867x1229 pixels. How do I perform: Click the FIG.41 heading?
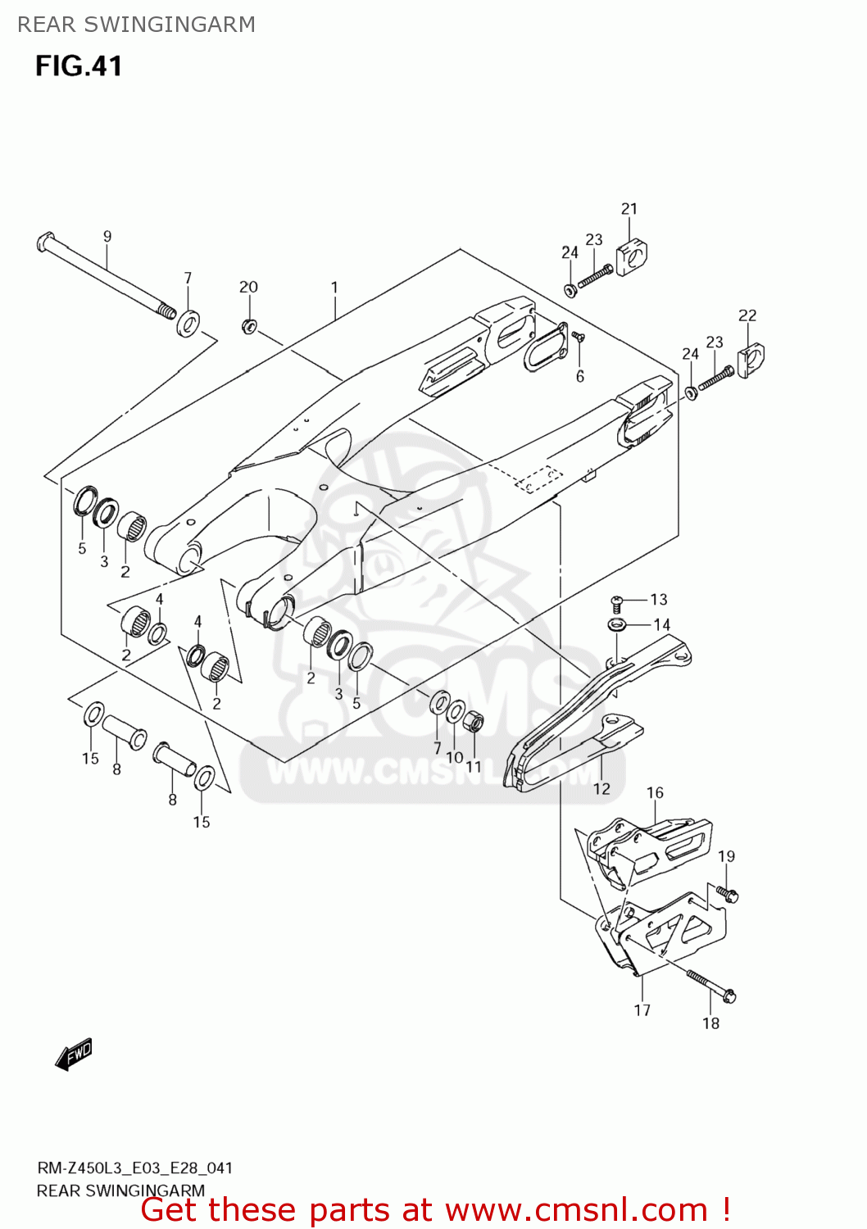click(x=79, y=66)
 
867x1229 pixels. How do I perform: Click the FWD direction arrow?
click(x=74, y=1054)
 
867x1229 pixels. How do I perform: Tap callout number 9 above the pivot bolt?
click(x=107, y=237)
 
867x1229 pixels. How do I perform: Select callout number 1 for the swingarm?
click(x=334, y=288)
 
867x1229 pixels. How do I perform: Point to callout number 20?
click(x=248, y=287)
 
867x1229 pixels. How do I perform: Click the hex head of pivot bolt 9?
click(x=45, y=243)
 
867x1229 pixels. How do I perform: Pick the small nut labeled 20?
click(x=249, y=326)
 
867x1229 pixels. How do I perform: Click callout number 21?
click(x=629, y=209)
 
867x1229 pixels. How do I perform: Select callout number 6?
click(x=580, y=376)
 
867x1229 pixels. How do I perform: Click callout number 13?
click(x=659, y=600)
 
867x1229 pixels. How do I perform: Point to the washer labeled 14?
click(x=617, y=626)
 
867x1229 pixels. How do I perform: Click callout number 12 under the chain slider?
click(x=601, y=788)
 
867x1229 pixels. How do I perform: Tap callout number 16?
click(x=655, y=793)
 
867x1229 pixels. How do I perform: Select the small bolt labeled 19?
click(x=727, y=893)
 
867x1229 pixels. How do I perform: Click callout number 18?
click(x=710, y=1023)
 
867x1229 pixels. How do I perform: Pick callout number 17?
click(x=642, y=1010)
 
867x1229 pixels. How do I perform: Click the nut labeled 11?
click(x=474, y=723)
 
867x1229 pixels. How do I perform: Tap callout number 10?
click(x=455, y=758)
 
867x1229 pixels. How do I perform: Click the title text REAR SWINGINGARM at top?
click(x=136, y=25)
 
